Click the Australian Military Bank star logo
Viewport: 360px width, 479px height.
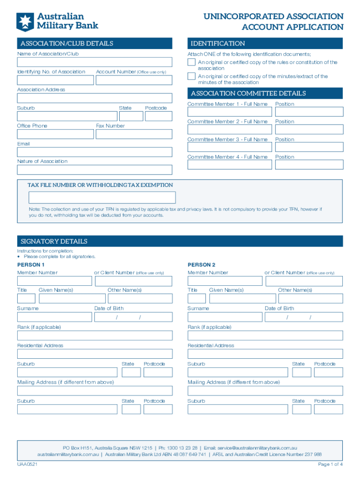25,22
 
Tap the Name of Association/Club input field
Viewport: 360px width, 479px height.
94,62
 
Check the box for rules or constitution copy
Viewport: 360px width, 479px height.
191,62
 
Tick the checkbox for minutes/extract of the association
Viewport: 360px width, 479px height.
191,76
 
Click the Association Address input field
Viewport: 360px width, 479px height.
94,98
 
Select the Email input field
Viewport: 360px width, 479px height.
94,152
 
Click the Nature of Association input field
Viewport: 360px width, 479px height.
94,169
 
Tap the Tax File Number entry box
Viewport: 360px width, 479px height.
96,197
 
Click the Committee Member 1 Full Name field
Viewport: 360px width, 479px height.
230,112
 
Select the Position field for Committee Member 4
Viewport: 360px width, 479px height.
309,165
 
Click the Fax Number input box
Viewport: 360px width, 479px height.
134,134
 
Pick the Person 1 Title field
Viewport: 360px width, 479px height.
26,298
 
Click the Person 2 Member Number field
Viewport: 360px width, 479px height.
225,281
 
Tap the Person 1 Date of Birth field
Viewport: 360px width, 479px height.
133,317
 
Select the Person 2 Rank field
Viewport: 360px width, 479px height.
265,335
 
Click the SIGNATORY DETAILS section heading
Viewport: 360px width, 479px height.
54,241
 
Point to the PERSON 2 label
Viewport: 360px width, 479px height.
202,265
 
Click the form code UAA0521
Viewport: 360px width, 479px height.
28,464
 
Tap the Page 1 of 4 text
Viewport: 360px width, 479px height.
330,464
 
